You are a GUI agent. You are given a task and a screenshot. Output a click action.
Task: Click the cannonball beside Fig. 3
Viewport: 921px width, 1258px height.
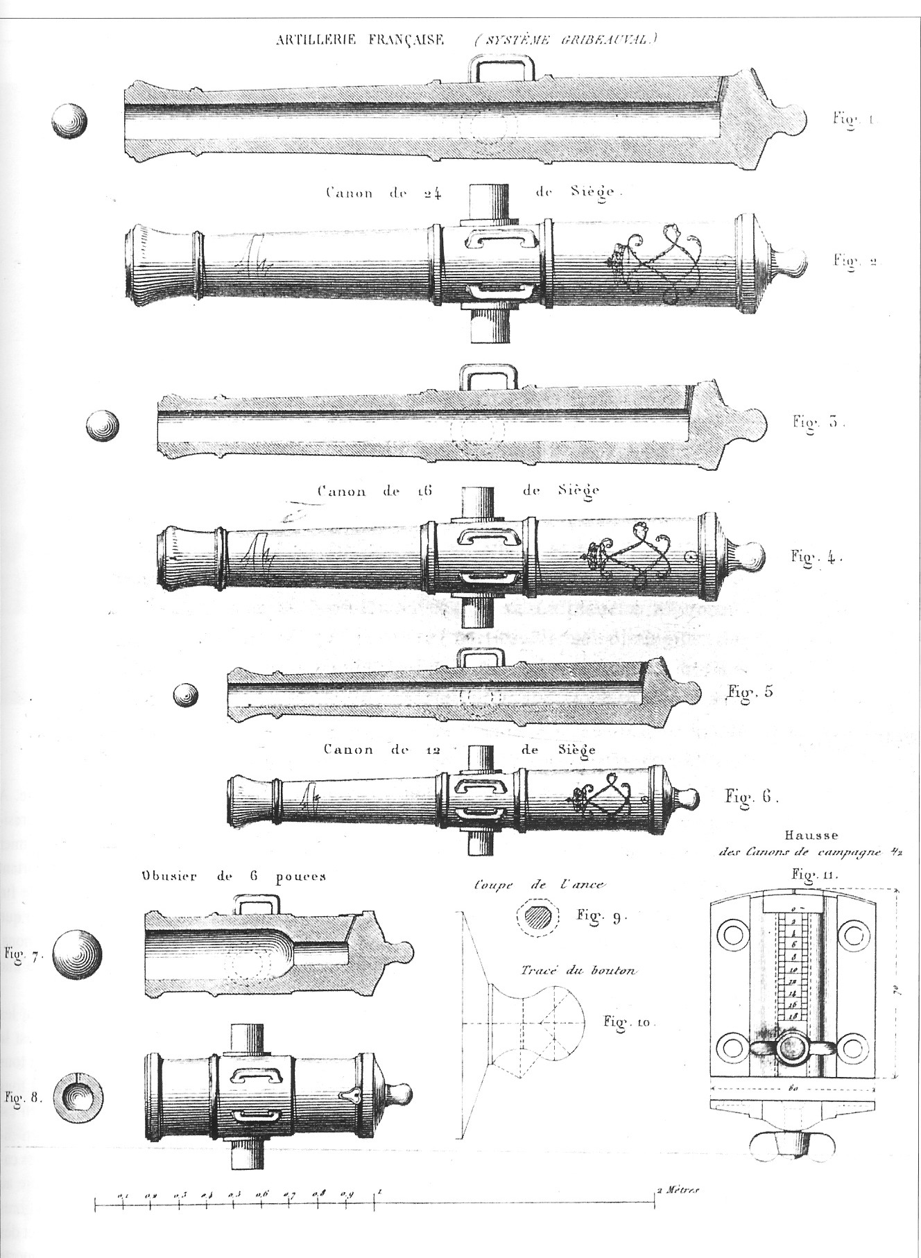(x=103, y=424)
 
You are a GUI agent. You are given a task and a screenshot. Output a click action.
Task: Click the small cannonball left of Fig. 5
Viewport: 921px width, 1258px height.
(x=185, y=694)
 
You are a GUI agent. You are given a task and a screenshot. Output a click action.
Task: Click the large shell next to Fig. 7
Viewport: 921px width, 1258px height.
(x=77, y=954)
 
